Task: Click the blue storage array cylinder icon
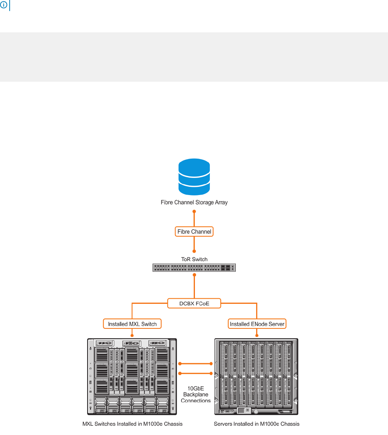(x=194, y=177)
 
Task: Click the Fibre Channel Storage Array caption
(x=194, y=202)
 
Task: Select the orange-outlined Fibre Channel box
(x=194, y=232)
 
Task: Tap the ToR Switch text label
(x=194, y=259)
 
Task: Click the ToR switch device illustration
(x=194, y=267)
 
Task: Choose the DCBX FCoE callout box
(x=194, y=303)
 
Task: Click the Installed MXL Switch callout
(x=132, y=324)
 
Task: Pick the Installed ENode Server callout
(x=257, y=324)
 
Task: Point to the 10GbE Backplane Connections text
(x=196, y=395)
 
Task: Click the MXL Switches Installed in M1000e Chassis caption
(x=132, y=424)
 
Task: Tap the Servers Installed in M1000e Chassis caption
(x=257, y=424)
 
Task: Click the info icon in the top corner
(x=4, y=6)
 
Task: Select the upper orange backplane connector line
(x=196, y=364)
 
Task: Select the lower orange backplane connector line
(x=196, y=373)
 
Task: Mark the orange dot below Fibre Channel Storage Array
(x=194, y=211)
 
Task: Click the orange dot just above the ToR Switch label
(x=194, y=251)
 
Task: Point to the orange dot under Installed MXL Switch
(x=132, y=334)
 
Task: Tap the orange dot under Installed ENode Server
(x=257, y=334)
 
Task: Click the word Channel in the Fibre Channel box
(x=201, y=232)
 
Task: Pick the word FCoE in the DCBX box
(x=203, y=303)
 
